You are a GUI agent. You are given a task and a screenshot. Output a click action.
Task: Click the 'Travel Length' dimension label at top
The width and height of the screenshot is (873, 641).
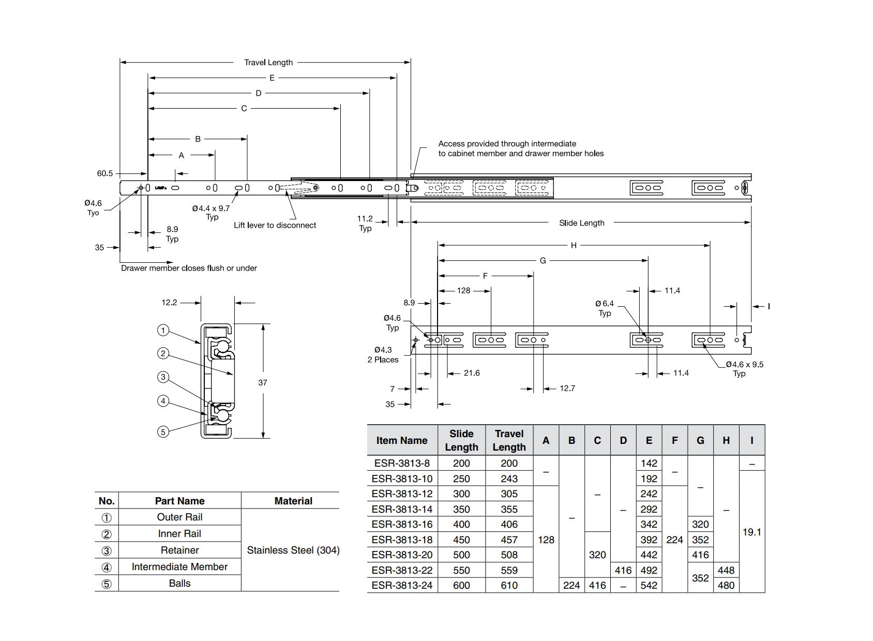(x=268, y=63)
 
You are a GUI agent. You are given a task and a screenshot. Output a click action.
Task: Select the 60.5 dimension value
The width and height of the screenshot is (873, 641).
(x=104, y=173)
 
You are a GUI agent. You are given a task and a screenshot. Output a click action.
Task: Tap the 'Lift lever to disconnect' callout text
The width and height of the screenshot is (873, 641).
(x=275, y=225)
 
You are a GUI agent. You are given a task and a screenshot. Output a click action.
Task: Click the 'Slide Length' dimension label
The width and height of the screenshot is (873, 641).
(x=581, y=223)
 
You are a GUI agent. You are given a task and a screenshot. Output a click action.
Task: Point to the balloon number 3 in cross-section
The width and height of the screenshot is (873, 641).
(x=163, y=377)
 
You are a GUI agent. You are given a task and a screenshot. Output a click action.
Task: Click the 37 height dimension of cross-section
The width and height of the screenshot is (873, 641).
(x=263, y=382)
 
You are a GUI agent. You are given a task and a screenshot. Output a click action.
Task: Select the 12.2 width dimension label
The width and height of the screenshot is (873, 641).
(x=169, y=302)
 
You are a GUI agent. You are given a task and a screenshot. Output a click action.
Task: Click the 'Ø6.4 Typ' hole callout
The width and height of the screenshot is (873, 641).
(x=604, y=308)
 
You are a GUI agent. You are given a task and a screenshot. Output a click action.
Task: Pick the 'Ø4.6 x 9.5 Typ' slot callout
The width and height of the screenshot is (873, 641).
(x=744, y=368)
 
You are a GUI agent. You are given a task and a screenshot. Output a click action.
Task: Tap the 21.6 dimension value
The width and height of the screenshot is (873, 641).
(x=472, y=373)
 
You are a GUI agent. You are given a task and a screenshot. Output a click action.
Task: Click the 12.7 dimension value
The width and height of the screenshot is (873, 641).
(x=567, y=388)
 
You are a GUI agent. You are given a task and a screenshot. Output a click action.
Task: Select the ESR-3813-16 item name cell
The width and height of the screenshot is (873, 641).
(x=402, y=524)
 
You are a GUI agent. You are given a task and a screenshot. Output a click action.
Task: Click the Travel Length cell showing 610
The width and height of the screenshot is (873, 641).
(x=509, y=585)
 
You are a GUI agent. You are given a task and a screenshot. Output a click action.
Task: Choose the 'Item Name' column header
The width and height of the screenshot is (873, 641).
(x=402, y=440)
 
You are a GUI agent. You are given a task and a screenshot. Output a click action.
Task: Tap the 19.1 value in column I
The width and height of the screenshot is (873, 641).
(x=751, y=532)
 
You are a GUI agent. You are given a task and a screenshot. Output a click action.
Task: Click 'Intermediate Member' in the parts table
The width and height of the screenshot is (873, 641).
(x=179, y=567)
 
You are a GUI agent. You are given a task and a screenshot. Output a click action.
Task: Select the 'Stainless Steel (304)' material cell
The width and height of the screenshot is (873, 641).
(x=293, y=550)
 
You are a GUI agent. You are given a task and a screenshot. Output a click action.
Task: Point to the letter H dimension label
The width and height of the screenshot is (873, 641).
(x=574, y=245)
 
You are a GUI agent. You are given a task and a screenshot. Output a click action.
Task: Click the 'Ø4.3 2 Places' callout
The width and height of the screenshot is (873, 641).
(x=383, y=354)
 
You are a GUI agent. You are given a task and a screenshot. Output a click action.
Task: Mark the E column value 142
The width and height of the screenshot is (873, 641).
(x=649, y=463)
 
